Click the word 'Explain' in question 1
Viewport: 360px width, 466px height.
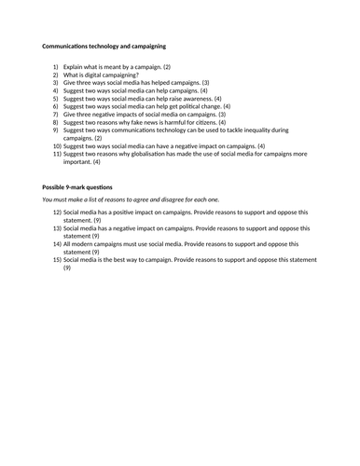coord(76,67)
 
